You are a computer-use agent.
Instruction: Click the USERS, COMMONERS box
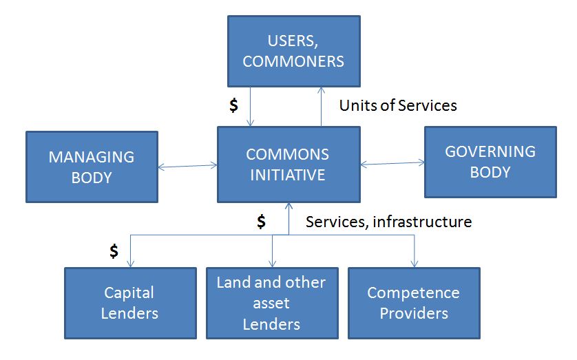(293, 52)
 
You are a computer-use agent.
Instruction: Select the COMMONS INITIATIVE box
(288, 164)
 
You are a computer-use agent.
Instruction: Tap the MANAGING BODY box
(91, 167)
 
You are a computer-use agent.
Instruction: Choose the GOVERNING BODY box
(490, 162)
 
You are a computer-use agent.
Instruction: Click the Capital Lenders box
(129, 303)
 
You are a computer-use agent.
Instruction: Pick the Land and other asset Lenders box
(272, 303)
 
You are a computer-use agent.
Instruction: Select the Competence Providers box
(413, 303)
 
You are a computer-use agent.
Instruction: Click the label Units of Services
(398, 105)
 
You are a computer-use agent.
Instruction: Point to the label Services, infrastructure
(388, 222)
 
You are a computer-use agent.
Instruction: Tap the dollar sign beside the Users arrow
(234, 105)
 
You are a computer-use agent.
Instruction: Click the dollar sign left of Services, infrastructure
(261, 221)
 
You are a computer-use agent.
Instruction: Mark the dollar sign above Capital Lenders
(114, 251)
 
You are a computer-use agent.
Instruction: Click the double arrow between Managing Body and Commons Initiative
(187, 165)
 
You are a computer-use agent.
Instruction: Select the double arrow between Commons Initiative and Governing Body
(392, 163)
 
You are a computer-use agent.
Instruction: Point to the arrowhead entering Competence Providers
(415, 263)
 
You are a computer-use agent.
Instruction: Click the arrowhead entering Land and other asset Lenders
(273, 263)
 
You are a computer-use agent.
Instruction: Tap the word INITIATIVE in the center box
(287, 175)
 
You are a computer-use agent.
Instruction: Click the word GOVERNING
(490, 151)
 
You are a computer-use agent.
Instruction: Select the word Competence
(413, 293)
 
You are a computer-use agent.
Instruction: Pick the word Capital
(129, 293)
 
